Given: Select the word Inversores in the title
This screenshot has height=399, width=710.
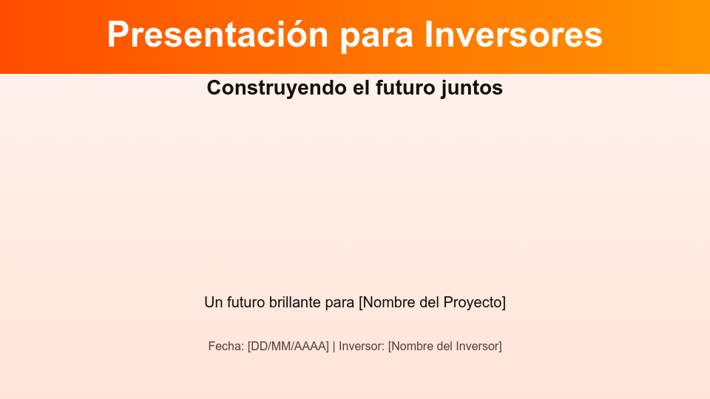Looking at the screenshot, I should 514,35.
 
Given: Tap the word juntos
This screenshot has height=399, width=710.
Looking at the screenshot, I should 472,88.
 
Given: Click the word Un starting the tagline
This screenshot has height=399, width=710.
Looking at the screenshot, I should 213,302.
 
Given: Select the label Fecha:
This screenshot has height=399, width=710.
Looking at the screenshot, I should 226,346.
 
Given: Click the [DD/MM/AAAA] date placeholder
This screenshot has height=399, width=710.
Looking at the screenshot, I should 288,346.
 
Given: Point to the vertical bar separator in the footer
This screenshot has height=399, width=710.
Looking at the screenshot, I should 334,346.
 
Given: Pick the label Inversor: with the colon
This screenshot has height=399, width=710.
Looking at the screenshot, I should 362,346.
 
